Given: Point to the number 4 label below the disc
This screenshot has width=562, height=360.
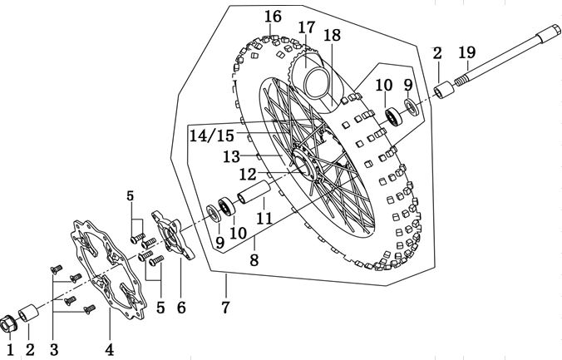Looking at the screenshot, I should click(109, 348).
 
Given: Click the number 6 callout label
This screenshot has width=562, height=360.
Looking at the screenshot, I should click(180, 308).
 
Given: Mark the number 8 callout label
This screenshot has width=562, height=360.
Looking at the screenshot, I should click(254, 259).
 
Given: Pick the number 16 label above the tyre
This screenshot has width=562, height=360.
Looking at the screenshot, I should click(273, 17).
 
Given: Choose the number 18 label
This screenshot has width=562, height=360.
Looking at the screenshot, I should click(332, 35).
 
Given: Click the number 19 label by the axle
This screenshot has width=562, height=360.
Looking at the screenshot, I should click(468, 53).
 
